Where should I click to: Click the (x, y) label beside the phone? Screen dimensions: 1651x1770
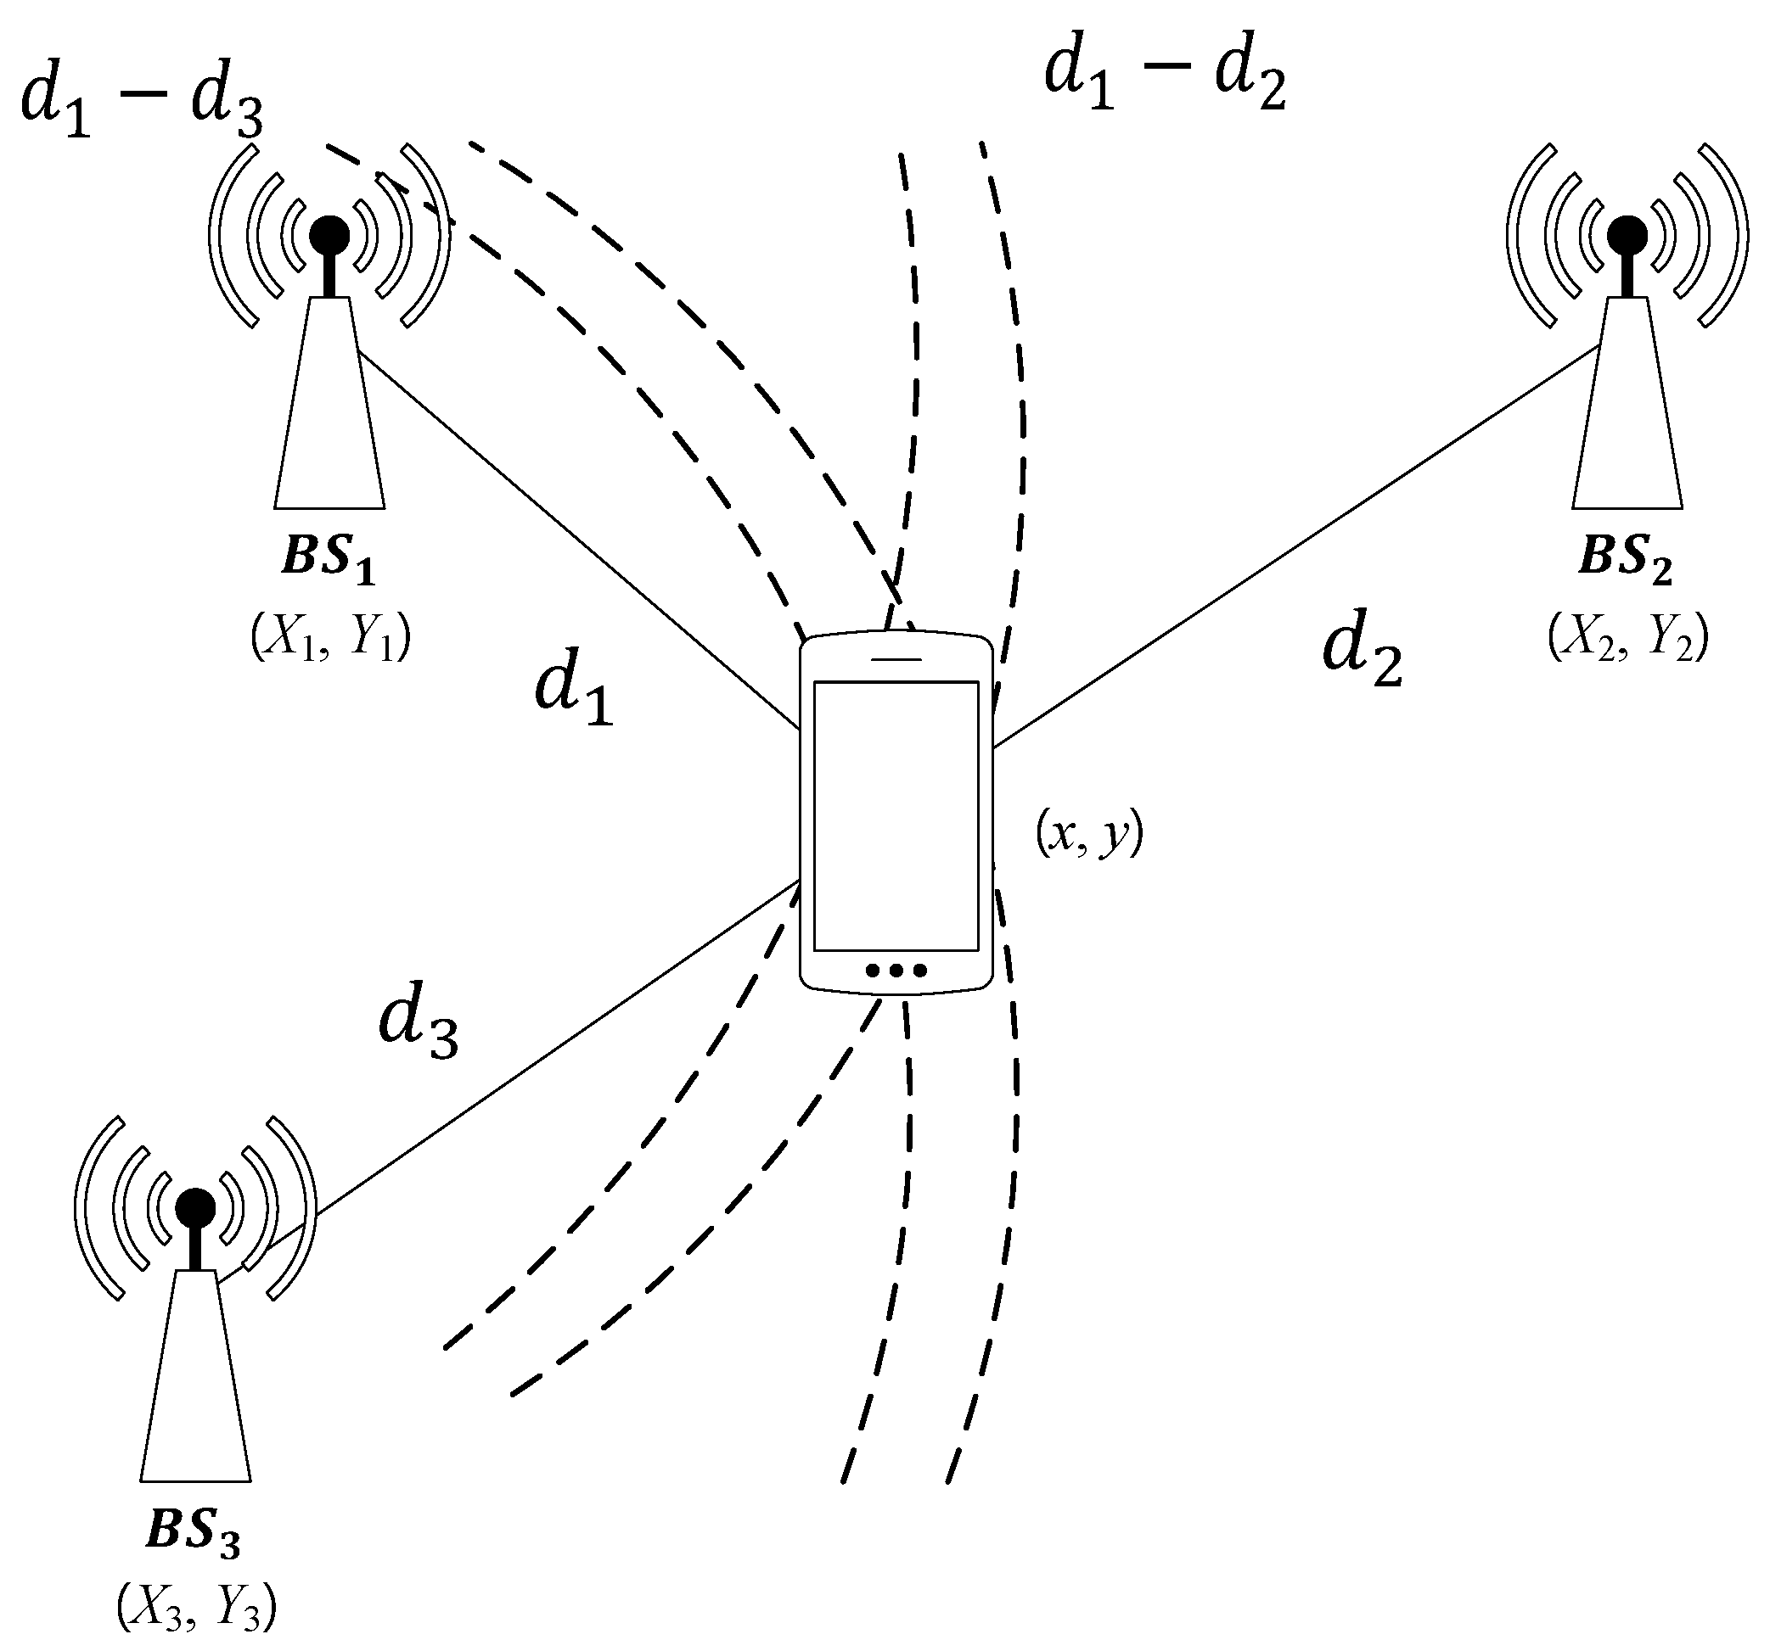1088,835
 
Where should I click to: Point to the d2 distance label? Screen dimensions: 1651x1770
1363,654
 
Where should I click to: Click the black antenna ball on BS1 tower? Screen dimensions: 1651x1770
329,235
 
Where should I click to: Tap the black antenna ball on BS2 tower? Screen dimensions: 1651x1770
1627,235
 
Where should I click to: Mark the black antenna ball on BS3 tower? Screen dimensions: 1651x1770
195,1208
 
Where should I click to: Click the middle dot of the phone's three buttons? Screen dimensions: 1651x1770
896,969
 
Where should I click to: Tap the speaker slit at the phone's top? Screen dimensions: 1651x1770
896,659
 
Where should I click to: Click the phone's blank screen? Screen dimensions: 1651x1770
896,814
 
